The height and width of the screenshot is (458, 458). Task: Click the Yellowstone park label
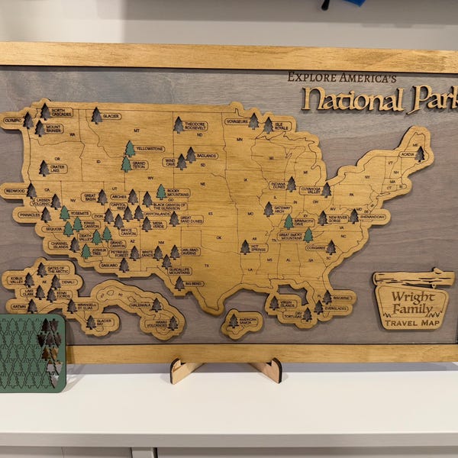(x=150, y=148)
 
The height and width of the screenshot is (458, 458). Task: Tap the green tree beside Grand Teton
(x=126, y=163)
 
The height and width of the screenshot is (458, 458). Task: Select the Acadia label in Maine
(x=407, y=153)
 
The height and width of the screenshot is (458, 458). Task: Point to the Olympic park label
(x=12, y=120)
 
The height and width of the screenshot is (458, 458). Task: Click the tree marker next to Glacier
(x=97, y=115)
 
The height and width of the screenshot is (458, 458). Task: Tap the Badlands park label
(x=206, y=156)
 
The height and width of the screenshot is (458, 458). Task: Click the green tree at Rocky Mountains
(x=161, y=192)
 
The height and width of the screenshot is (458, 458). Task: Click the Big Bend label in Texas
(x=194, y=284)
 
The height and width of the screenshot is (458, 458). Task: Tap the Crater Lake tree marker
(x=44, y=168)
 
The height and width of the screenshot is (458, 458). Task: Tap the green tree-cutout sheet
(x=32, y=353)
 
